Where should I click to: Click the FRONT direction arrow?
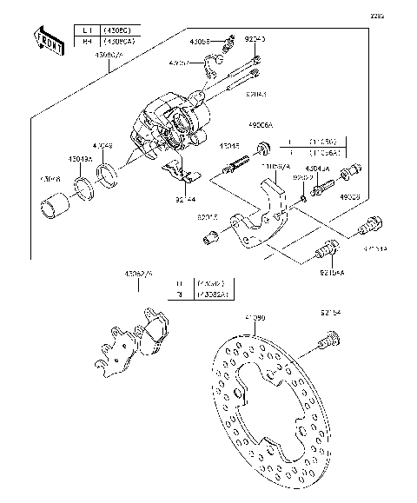coord(47,42)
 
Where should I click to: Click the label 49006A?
coord(260,124)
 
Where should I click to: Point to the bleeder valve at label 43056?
coord(230,41)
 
